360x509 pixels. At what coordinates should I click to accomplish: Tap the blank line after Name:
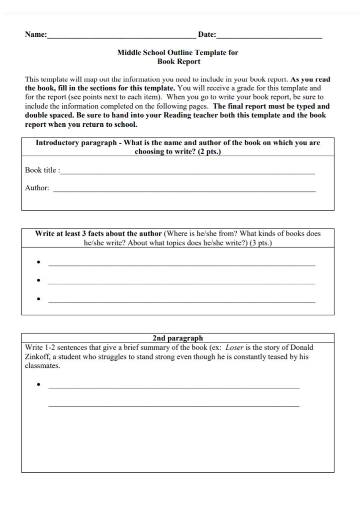click(121, 37)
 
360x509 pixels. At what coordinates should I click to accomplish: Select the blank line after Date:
click(270, 37)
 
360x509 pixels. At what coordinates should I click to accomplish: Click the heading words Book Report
click(179, 62)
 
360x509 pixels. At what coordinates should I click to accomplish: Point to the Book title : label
click(42, 170)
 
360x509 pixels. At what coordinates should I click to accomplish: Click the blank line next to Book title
click(187, 173)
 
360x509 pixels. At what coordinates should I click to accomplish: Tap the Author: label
click(37, 188)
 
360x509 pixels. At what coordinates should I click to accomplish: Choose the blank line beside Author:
click(184, 191)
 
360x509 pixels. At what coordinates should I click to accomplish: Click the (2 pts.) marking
click(207, 152)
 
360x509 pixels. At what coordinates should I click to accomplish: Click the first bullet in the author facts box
click(38, 262)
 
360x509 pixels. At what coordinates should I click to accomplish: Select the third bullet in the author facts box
click(38, 299)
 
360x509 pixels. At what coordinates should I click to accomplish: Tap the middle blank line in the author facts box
click(181, 284)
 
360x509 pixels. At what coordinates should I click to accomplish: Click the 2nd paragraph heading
click(178, 339)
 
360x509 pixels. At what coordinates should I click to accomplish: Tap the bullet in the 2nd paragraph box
click(38, 385)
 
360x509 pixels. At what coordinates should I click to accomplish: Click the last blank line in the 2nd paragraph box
click(174, 406)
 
